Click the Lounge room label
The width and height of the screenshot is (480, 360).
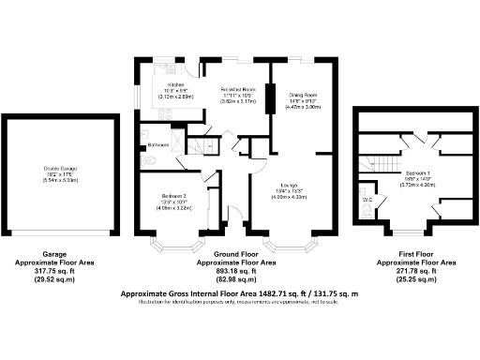tap(289, 186)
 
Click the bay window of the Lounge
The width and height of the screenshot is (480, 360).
tap(289, 248)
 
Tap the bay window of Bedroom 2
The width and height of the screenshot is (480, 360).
tap(175, 248)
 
